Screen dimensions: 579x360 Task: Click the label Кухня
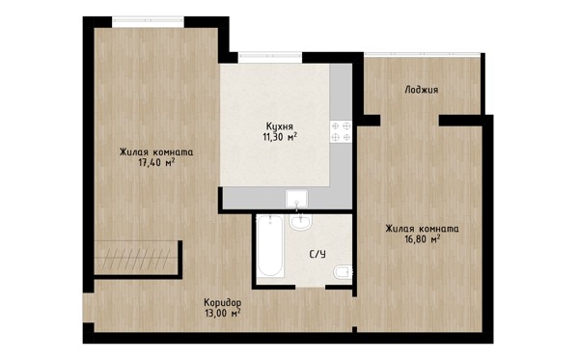[280, 125]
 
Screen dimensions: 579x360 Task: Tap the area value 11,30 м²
[280, 137]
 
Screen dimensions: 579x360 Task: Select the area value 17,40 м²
[156, 162]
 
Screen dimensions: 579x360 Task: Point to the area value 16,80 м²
[423, 239]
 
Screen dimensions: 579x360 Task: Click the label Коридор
[223, 303]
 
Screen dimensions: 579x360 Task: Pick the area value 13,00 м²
[223, 314]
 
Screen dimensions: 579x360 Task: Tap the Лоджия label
[422, 90]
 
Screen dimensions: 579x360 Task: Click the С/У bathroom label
[317, 254]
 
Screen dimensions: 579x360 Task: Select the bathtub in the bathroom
[270, 246]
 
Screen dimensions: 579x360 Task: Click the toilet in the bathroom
[343, 272]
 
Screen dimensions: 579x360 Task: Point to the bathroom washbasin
[301, 222]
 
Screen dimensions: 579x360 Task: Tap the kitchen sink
[296, 199]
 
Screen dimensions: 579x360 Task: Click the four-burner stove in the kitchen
[341, 132]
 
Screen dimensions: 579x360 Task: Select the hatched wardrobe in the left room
[136, 258]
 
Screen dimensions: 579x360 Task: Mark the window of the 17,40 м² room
[148, 22]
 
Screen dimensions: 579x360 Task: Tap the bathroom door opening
[310, 287]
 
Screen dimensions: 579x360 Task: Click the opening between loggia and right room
[409, 121]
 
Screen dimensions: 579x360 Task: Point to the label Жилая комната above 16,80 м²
[423, 229]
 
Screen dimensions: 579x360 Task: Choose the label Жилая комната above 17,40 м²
[156, 152]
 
